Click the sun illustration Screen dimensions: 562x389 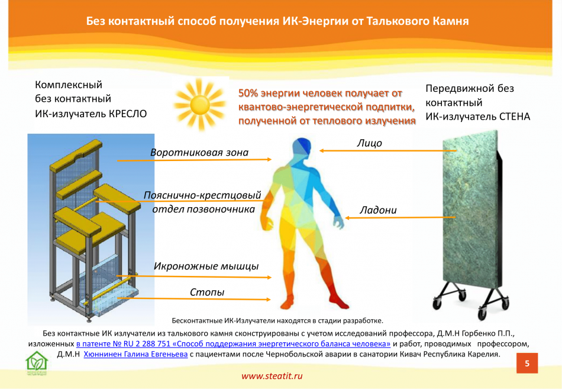point(199,104)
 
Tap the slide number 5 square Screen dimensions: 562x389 point(527,363)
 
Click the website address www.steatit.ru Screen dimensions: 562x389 point(272,376)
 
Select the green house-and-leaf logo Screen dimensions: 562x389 point(37,362)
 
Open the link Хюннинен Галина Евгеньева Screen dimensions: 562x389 point(135,355)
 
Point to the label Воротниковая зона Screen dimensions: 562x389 point(199,152)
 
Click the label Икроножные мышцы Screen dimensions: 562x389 point(206,266)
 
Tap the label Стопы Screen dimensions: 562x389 point(207,292)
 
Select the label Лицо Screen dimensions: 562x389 point(369,143)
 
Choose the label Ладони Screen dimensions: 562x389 point(378,210)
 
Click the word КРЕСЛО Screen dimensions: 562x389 point(128,114)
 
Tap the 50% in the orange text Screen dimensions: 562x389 point(248,94)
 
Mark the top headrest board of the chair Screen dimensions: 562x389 point(76,155)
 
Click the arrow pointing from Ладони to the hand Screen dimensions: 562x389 point(400,217)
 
